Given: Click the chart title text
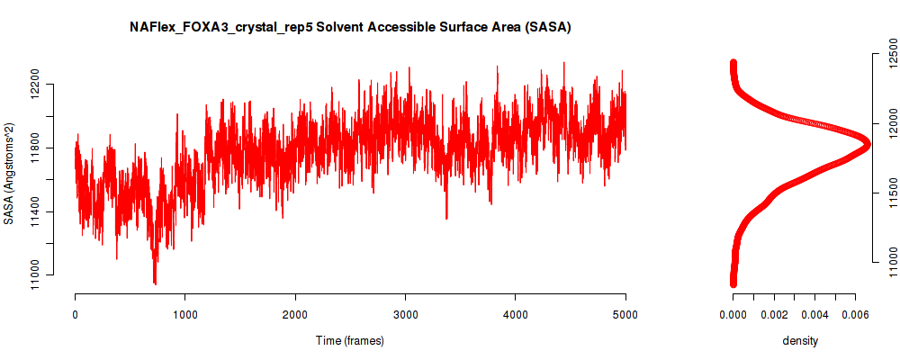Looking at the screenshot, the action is click(350, 28).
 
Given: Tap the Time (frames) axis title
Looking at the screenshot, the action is click(350, 340).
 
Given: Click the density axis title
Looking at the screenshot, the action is click(800, 340).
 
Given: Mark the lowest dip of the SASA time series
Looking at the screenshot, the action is click(155, 283).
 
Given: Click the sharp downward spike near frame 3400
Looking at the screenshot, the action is click(446, 218).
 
